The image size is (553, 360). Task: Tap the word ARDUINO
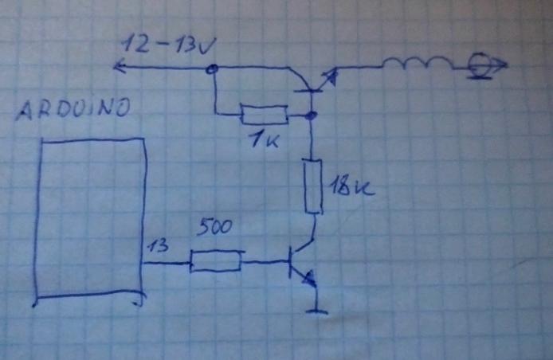pos(73,108)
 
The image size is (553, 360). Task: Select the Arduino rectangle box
pos(37,218)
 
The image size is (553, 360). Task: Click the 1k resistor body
pos(265,114)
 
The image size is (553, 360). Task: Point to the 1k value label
pos(265,139)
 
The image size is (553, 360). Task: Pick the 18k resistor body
pos(313,186)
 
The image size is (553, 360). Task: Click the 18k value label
pos(351,186)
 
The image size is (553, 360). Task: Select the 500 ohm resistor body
pos(216,261)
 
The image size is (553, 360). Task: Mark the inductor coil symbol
pos(418,64)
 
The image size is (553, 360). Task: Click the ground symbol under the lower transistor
pos(317,311)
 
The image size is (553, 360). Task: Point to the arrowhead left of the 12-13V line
pos(120,66)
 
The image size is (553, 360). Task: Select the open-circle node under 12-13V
pos(212,69)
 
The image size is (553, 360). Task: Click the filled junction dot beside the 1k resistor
pos(311,115)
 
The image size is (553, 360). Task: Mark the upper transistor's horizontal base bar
pos(308,92)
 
